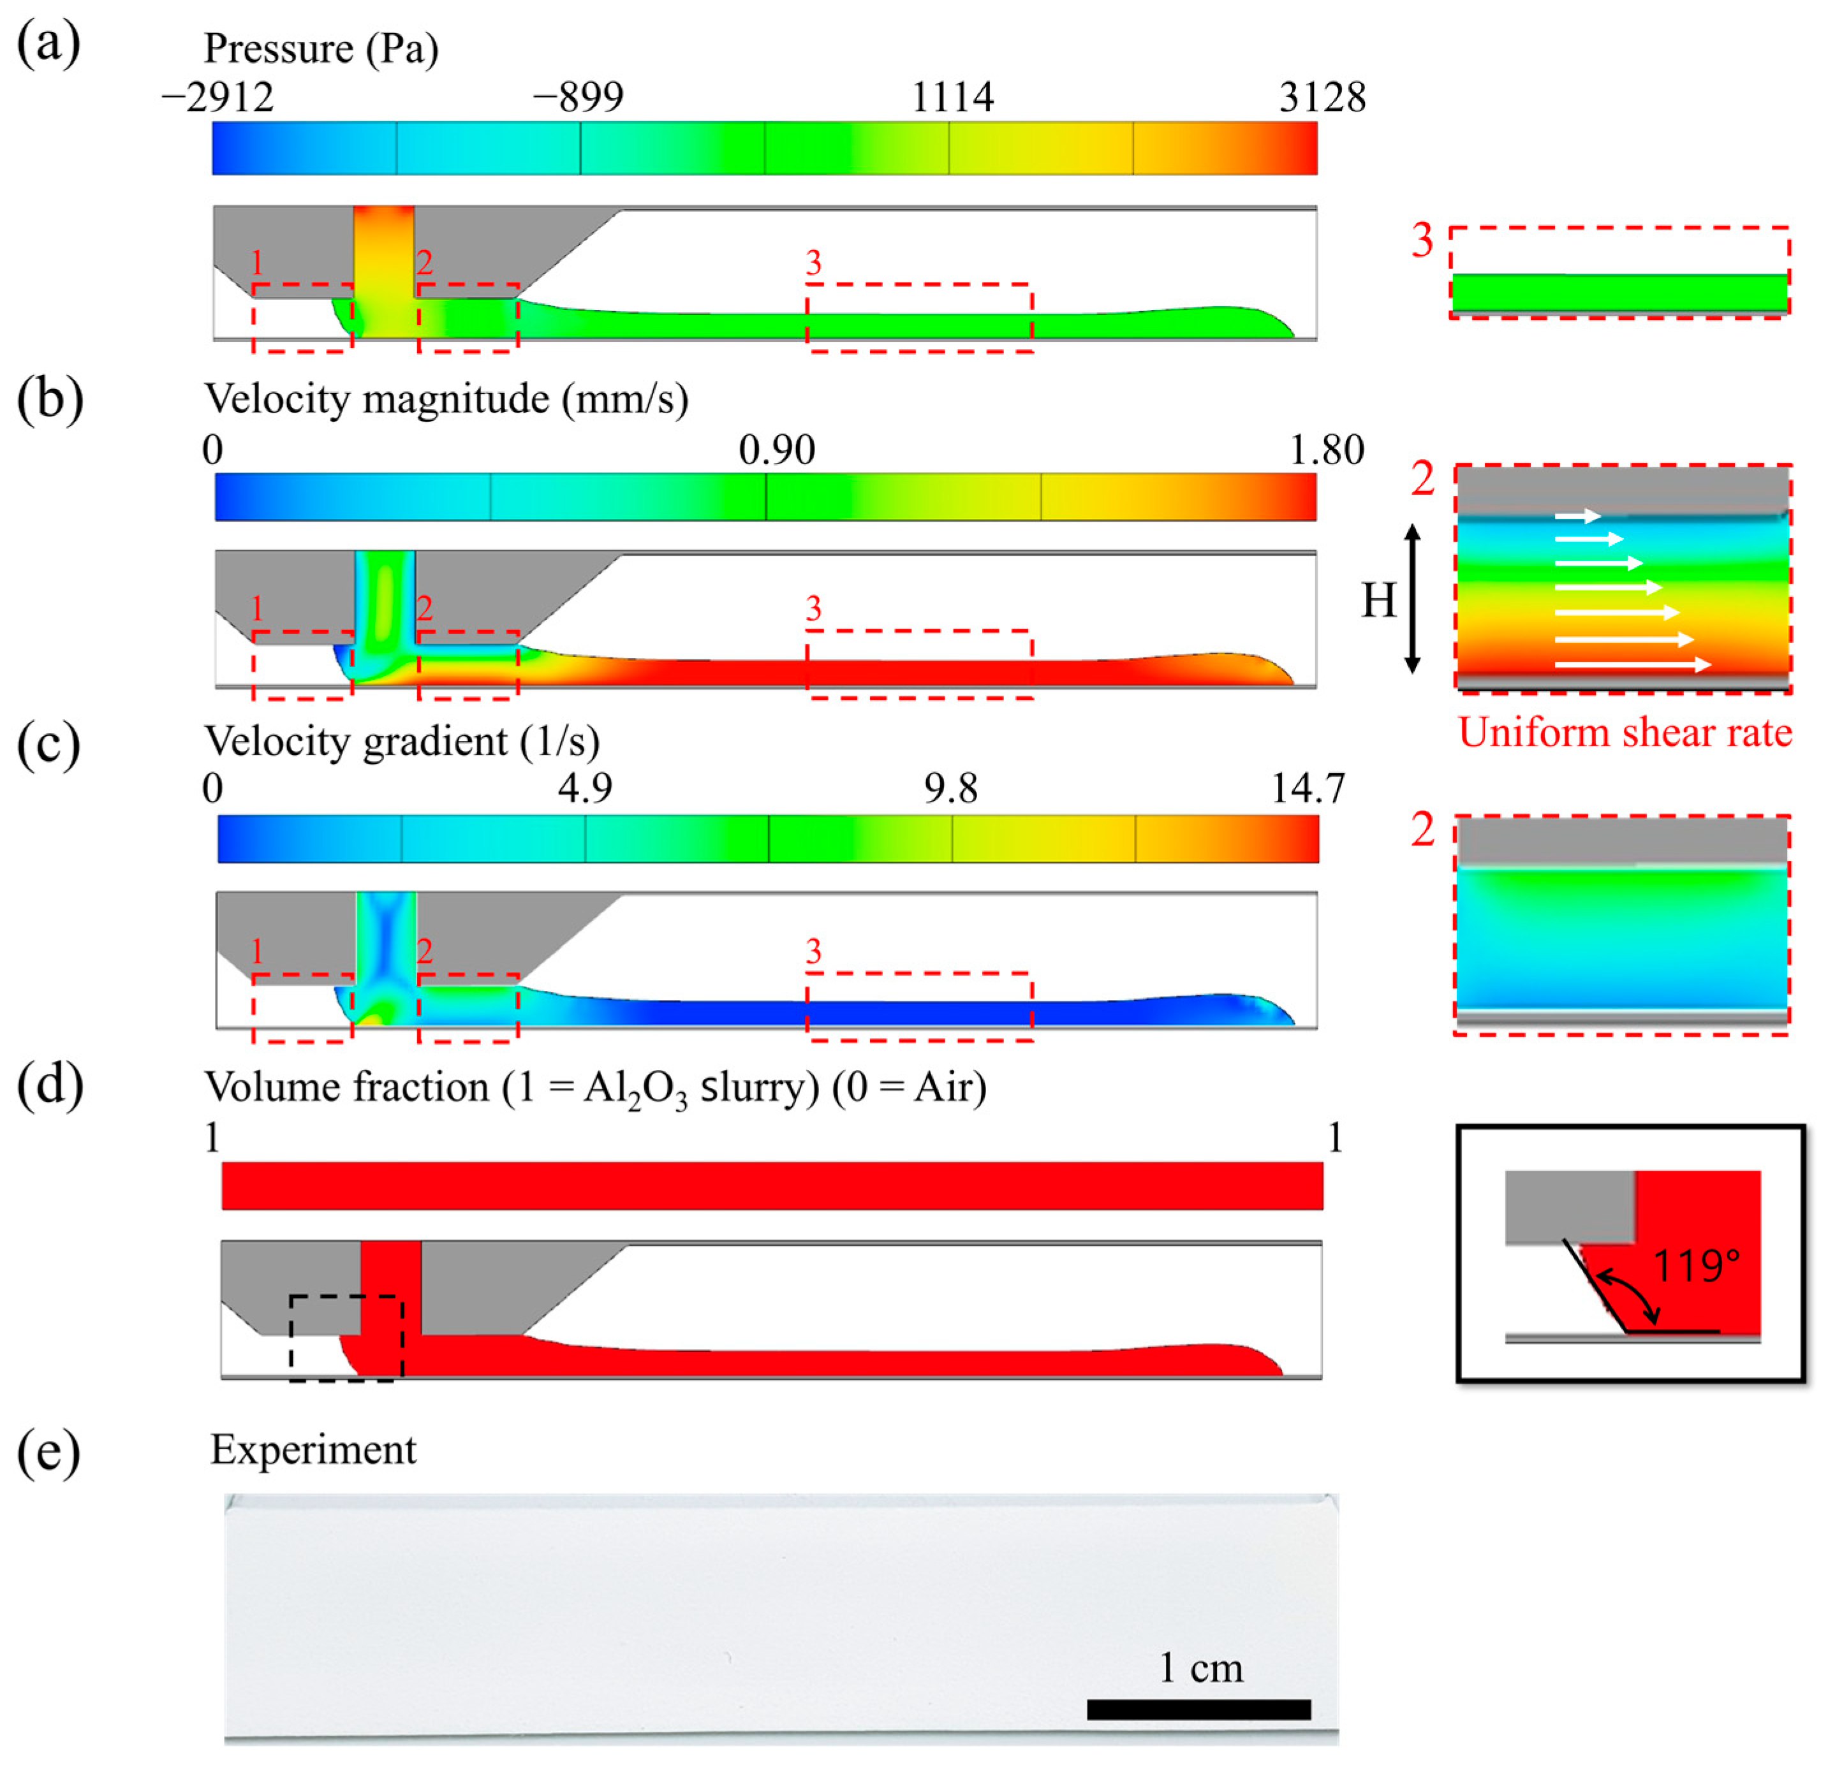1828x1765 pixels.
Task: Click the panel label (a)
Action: [48, 45]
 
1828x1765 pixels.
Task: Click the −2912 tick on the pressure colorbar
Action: [218, 97]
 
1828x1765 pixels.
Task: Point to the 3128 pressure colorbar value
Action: [1322, 97]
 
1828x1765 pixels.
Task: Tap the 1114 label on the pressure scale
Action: [952, 97]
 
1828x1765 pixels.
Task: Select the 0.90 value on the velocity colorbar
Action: [776, 450]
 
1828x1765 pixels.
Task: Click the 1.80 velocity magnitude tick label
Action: [1326, 450]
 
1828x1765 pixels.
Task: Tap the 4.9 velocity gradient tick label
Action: [585, 789]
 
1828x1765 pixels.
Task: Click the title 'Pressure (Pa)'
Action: [321, 48]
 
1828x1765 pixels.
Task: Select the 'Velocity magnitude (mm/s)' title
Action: [446, 399]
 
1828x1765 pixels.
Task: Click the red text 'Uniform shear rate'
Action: [1625, 733]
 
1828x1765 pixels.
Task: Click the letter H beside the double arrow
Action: [1378, 599]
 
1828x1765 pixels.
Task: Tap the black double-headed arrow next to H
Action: [1412, 599]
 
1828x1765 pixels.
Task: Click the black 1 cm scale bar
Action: [1198, 1709]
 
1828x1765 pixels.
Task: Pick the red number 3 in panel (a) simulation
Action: [813, 264]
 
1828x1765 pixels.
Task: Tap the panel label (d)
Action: [49, 1086]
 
